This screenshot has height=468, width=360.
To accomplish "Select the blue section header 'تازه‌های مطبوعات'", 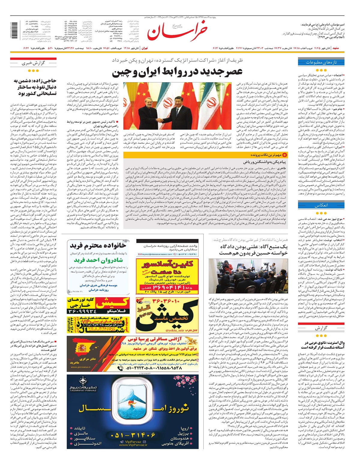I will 321,62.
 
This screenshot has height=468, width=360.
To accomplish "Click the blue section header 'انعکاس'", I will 321,205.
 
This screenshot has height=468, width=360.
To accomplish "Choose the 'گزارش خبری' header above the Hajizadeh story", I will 33,63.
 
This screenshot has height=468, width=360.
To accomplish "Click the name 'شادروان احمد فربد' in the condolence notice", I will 98,260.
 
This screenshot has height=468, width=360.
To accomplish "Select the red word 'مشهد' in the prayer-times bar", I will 336,48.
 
